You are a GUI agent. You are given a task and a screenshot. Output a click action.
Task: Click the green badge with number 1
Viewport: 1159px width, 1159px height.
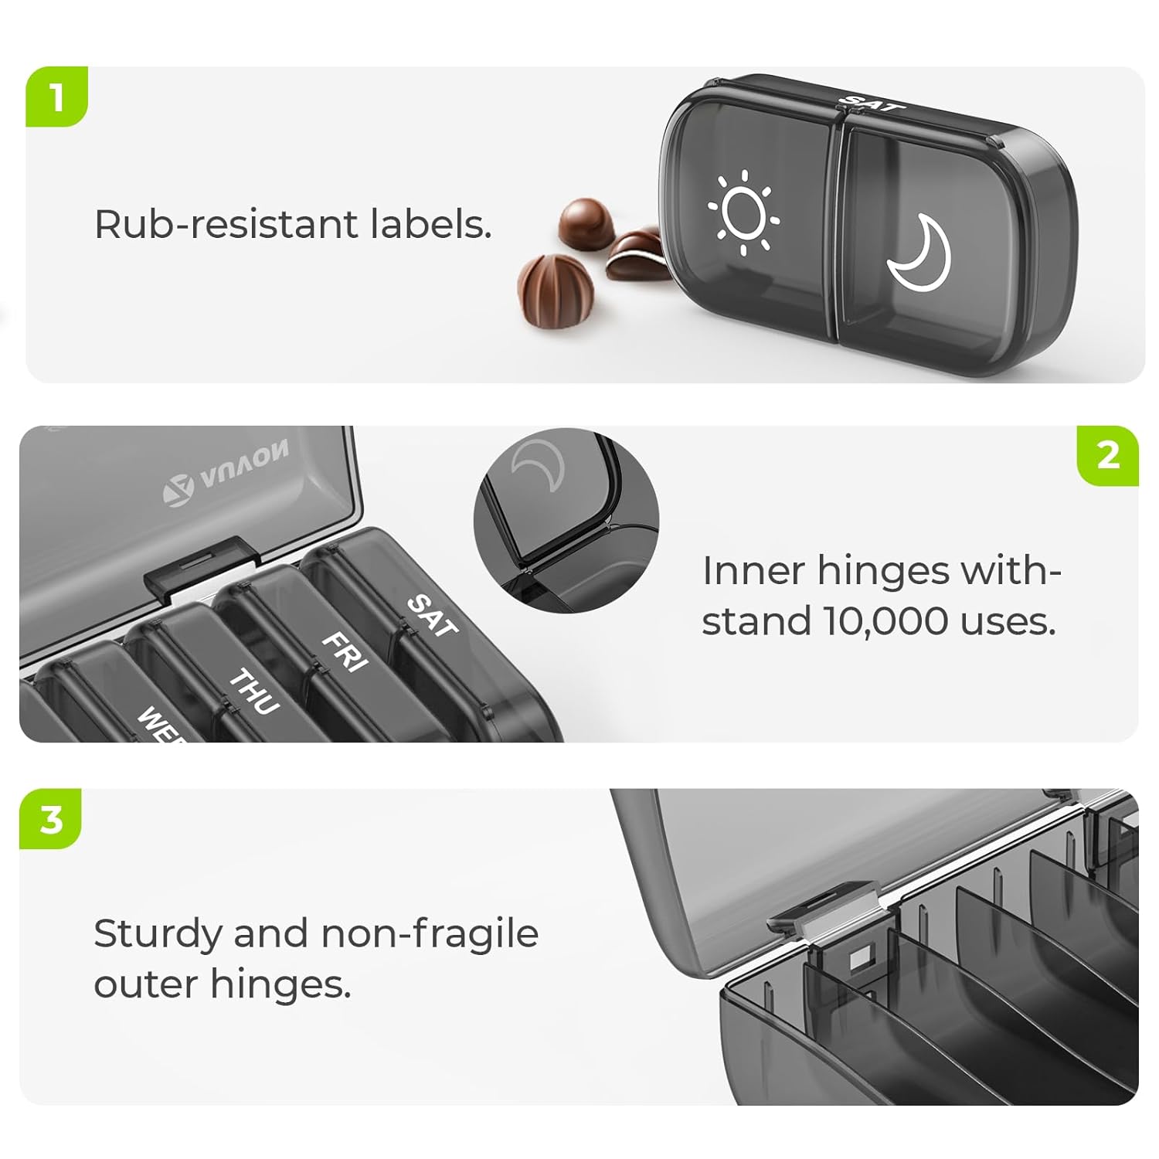click(56, 97)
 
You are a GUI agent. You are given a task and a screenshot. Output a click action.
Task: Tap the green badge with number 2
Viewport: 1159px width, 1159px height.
click(1107, 455)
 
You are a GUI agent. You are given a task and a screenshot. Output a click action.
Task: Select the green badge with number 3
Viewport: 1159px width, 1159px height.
click(51, 818)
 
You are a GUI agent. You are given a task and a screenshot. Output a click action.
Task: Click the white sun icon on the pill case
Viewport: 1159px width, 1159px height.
click(743, 212)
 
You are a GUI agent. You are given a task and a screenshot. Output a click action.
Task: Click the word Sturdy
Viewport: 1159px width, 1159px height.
click(158, 935)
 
